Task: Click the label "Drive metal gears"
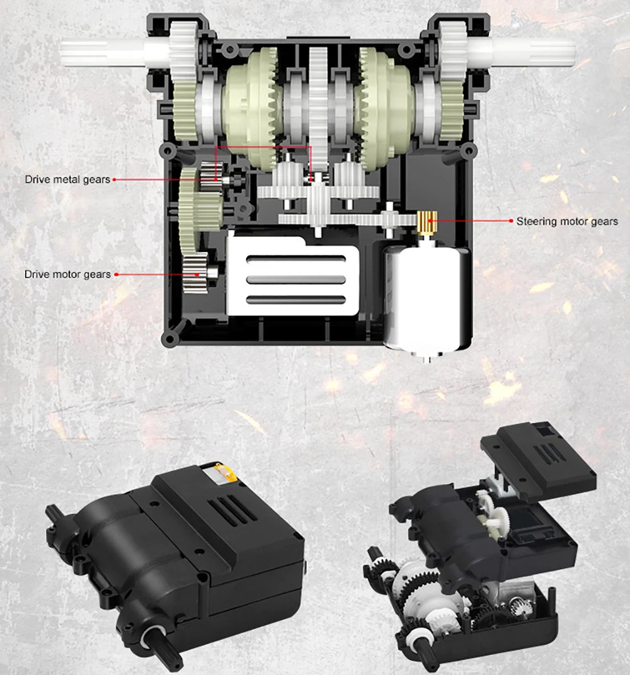click(67, 179)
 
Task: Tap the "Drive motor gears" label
click(67, 275)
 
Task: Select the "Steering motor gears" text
click(567, 221)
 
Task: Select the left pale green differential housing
click(249, 108)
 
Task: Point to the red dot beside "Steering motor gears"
click(511, 221)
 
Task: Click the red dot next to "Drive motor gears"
click(117, 275)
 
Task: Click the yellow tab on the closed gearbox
click(226, 472)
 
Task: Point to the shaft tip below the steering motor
click(427, 358)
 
